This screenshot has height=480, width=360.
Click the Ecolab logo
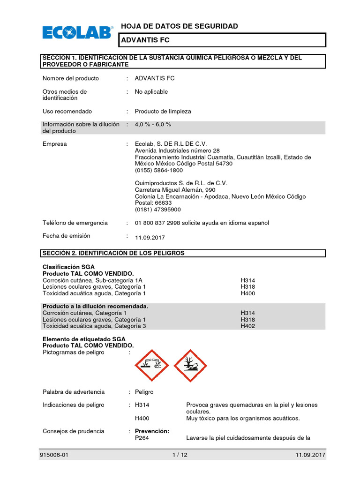pyautogui.click(x=78, y=32)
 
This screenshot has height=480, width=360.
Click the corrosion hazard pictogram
pyautogui.click(x=151, y=365)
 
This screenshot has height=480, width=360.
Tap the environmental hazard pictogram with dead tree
pyautogui.click(x=190, y=365)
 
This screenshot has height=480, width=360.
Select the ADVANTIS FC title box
pyautogui.click(x=222, y=40)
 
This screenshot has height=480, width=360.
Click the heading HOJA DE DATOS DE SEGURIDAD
pyautogui.click(x=180, y=26)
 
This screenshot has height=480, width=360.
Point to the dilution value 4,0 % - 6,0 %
pyautogui.click(x=153, y=125)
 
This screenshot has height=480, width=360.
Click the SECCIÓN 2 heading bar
pyautogui.click(x=183, y=253)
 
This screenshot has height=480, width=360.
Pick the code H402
pyautogui.click(x=247, y=326)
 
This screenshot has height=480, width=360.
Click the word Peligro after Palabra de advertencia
pyautogui.click(x=144, y=392)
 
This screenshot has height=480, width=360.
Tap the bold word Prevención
pyautogui.click(x=152, y=431)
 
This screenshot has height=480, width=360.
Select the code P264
pyautogui.click(x=142, y=438)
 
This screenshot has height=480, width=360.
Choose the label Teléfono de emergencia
pyautogui.click(x=75, y=223)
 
